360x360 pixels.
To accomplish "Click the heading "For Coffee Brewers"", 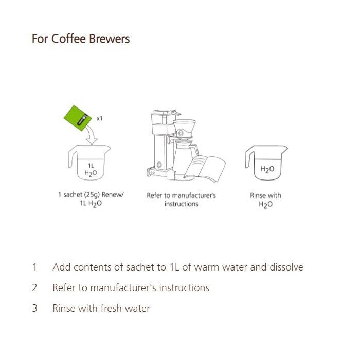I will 81,39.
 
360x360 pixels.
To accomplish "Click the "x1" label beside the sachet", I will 100,118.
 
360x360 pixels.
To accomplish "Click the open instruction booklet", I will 206,167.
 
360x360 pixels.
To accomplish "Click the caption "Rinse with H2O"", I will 265,200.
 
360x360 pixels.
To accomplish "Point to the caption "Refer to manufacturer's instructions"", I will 181,200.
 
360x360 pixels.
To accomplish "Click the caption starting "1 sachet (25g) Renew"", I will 91,199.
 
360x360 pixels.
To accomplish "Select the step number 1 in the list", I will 34,267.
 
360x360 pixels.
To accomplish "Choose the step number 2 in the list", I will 34,288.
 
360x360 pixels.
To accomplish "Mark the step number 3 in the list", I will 34,309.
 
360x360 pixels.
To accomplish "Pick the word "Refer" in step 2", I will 64,288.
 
